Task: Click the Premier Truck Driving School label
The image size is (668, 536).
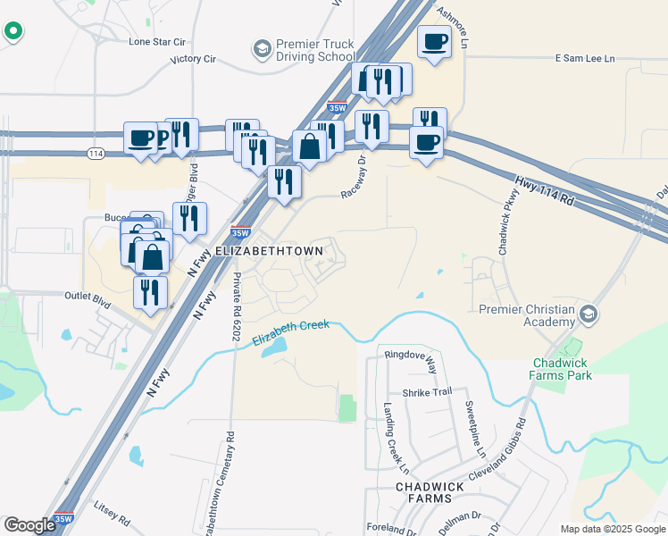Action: click(x=315, y=50)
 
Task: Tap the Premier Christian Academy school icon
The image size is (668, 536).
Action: click(x=589, y=314)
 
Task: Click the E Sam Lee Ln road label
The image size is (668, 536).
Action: click(x=585, y=58)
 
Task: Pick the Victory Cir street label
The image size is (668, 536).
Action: click(x=194, y=60)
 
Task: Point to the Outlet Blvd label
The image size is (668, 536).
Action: click(x=88, y=300)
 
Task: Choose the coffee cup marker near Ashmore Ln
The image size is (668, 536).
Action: click(x=435, y=42)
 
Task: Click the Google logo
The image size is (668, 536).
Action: click(x=30, y=525)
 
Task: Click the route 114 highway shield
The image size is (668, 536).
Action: click(x=96, y=154)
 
